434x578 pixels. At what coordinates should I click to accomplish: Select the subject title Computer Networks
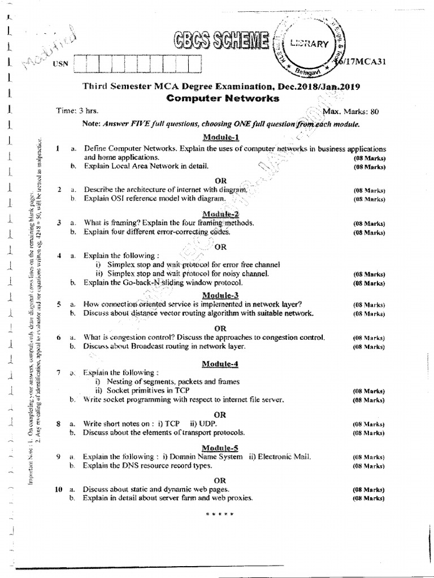pos(223,98)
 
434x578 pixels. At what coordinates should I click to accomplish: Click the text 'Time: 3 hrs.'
pos(77,112)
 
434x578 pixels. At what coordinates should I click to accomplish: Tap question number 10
pos(58,489)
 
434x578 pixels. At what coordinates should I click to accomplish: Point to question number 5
pos(58,304)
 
